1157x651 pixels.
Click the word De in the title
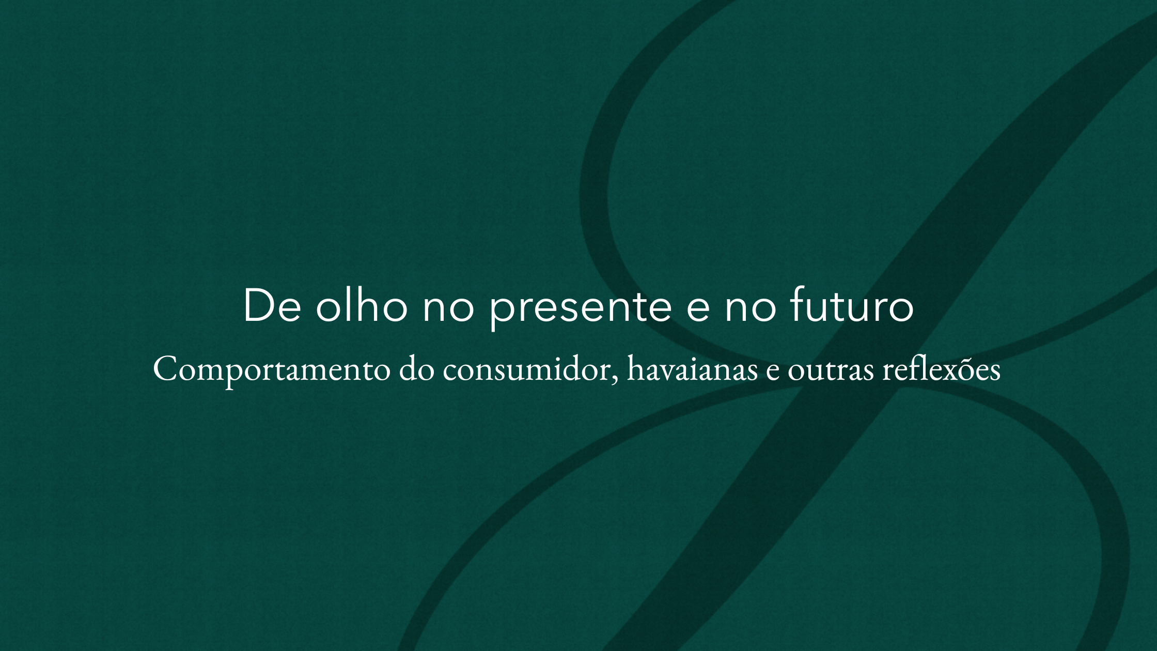coord(272,306)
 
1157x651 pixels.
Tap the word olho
coord(362,306)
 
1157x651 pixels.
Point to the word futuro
coord(852,306)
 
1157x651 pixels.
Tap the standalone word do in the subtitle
coord(416,369)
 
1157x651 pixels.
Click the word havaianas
coord(692,369)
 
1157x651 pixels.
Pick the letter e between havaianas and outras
coord(773,372)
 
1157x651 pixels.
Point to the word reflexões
coord(941,369)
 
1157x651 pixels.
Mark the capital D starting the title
coord(257,306)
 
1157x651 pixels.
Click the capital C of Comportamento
coord(165,369)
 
